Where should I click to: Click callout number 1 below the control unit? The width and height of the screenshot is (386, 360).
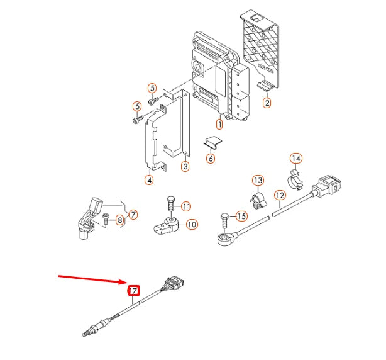[x=219, y=124]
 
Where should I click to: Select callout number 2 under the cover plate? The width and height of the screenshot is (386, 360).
[x=267, y=103]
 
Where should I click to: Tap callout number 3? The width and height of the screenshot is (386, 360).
[x=185, y=166]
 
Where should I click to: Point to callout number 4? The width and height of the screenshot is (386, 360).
[x=149, y=180]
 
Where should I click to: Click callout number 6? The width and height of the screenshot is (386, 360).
[x=211, y=159]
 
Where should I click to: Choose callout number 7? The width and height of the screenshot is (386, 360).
[x=133, y=215]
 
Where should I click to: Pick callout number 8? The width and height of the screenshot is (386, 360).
[x=119, y=220]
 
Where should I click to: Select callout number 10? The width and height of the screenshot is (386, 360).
[x=192, y=224]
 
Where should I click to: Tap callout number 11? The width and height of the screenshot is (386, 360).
[x=186, y=206]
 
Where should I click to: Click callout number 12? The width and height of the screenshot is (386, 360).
[x=280, y=195]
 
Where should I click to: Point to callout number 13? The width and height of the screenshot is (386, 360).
[x=258, y=181]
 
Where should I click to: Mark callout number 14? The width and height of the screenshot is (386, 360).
[x=296, y=158]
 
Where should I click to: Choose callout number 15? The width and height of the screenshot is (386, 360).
[x=241, y=217]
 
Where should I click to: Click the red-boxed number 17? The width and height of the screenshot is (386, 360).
[x=133, y=291]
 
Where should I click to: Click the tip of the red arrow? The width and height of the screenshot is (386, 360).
[x=127, y=282]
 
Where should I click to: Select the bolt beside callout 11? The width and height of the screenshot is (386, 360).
[x=170, y=203]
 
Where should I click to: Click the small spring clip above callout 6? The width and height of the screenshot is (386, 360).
[x=213, y=142]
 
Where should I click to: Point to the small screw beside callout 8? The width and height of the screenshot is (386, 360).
[x=106, y=219]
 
